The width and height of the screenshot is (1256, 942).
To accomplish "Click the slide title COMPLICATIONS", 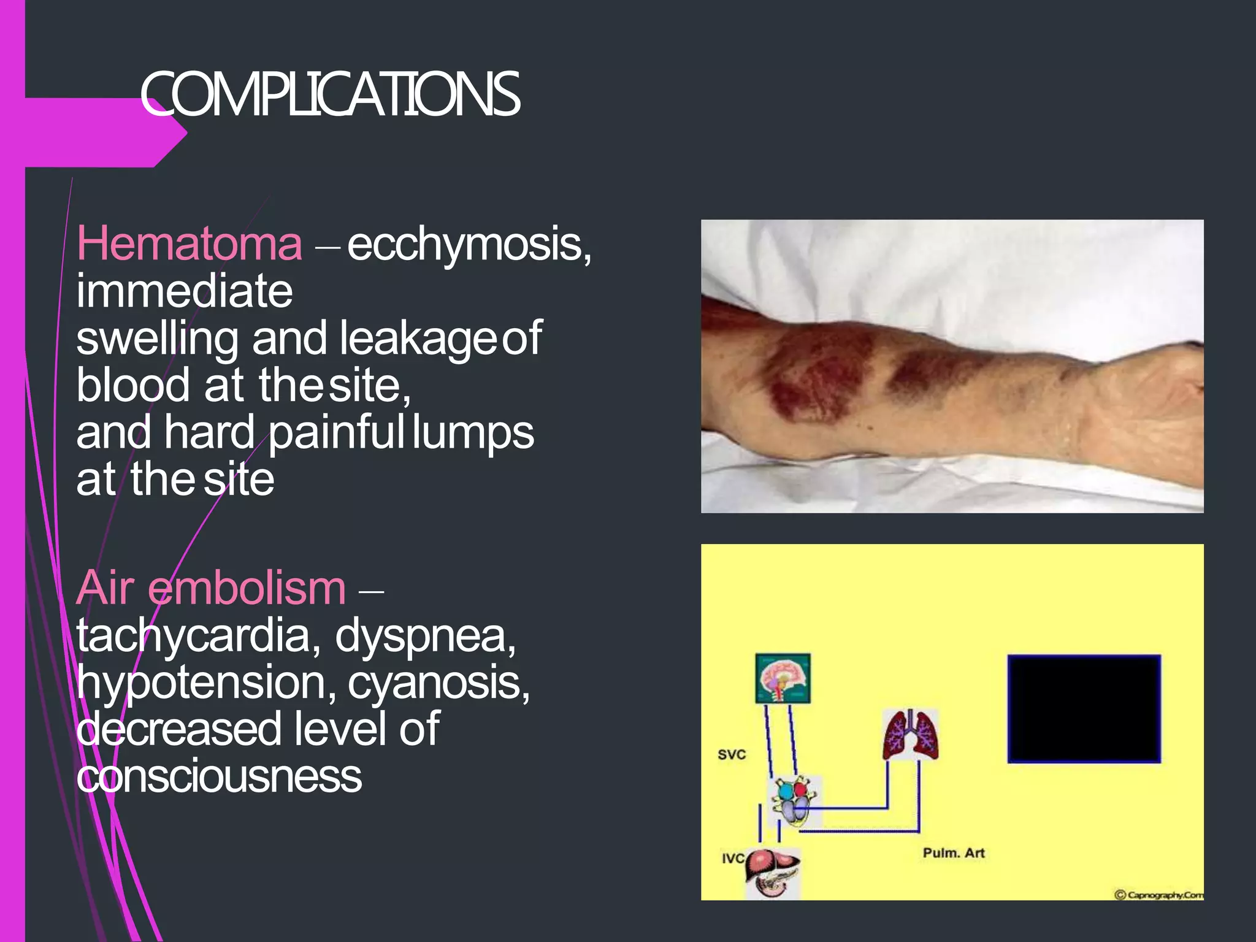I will pyautogui.click(x=330, y=94).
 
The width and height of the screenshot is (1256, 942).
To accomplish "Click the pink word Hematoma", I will pyautogui.click(x=190, y=244).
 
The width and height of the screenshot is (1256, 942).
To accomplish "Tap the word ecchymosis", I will pyautogui.click(x=469, y=244).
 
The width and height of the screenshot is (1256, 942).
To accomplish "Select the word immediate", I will pyautogui.click(x=185, y=291).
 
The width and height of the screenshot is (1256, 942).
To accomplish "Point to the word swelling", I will pyautogui.click(x=157, y=339).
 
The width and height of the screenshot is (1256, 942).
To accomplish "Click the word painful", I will pyautogui.click(x=337, y=433).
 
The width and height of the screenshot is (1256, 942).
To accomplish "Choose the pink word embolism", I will pyautogui.click(x=247, y=588).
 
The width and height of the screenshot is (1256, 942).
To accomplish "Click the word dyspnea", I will pyautogui.click(x=425, y=636).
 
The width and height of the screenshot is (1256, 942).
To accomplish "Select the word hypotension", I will pyautogui.click(x=207, y=683).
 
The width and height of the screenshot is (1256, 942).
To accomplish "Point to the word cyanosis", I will pyautogui.click(x=438, y=683).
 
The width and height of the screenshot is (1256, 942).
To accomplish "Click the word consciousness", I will pyautogui.click(x=219, y=777).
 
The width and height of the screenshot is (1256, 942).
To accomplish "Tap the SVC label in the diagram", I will pyautogui.click(x=732, y=754).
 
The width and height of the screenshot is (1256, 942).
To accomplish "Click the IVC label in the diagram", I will pyautogui.click(x=732, y=859).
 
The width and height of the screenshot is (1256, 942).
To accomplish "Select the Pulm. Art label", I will pyautogui.click(x=954, y=853).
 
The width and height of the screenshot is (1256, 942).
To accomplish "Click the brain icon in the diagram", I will pyautogui.click(x=783, y=678).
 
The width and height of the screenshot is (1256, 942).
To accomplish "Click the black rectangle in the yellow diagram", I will pyautogui.click(x=1084, y=709).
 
